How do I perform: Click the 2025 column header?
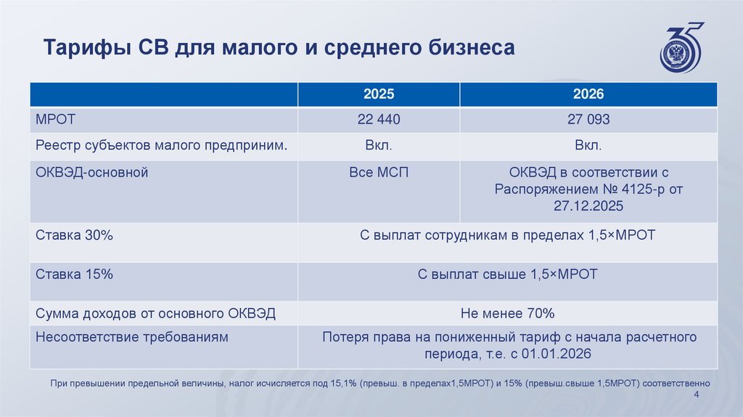pos(378,94)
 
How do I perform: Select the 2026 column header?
pos(588,94)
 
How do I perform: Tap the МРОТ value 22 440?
pos(378,120)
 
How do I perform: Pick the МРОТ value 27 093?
pos(588,120)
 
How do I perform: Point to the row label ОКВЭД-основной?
pos(91,172)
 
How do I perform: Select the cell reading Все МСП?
pos(378,172)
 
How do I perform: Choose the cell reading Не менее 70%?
pos(507,313)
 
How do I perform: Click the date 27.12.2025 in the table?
pos(588,206)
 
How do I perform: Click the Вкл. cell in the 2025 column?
pos(378,146)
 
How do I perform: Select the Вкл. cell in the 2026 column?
pos(588,146)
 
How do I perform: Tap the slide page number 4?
pos(697,394)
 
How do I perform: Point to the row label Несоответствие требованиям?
pos(131,337)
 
